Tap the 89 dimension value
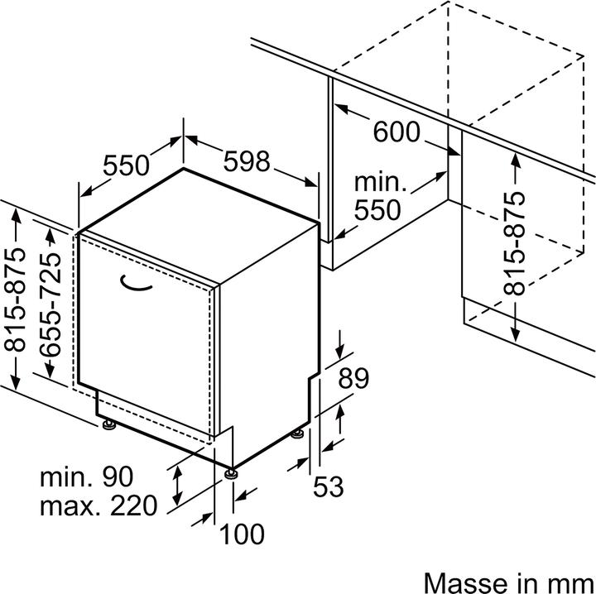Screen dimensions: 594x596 tap(353, 379)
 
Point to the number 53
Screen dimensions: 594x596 tap(328, 487)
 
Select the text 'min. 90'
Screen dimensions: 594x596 tap(86, 477)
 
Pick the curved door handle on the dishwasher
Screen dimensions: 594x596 tap(135, 284)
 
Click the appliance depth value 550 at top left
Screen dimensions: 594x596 tap(126, 165)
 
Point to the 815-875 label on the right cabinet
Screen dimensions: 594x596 tap(515, 244)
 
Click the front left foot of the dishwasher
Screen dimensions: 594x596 tap(108, 426)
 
